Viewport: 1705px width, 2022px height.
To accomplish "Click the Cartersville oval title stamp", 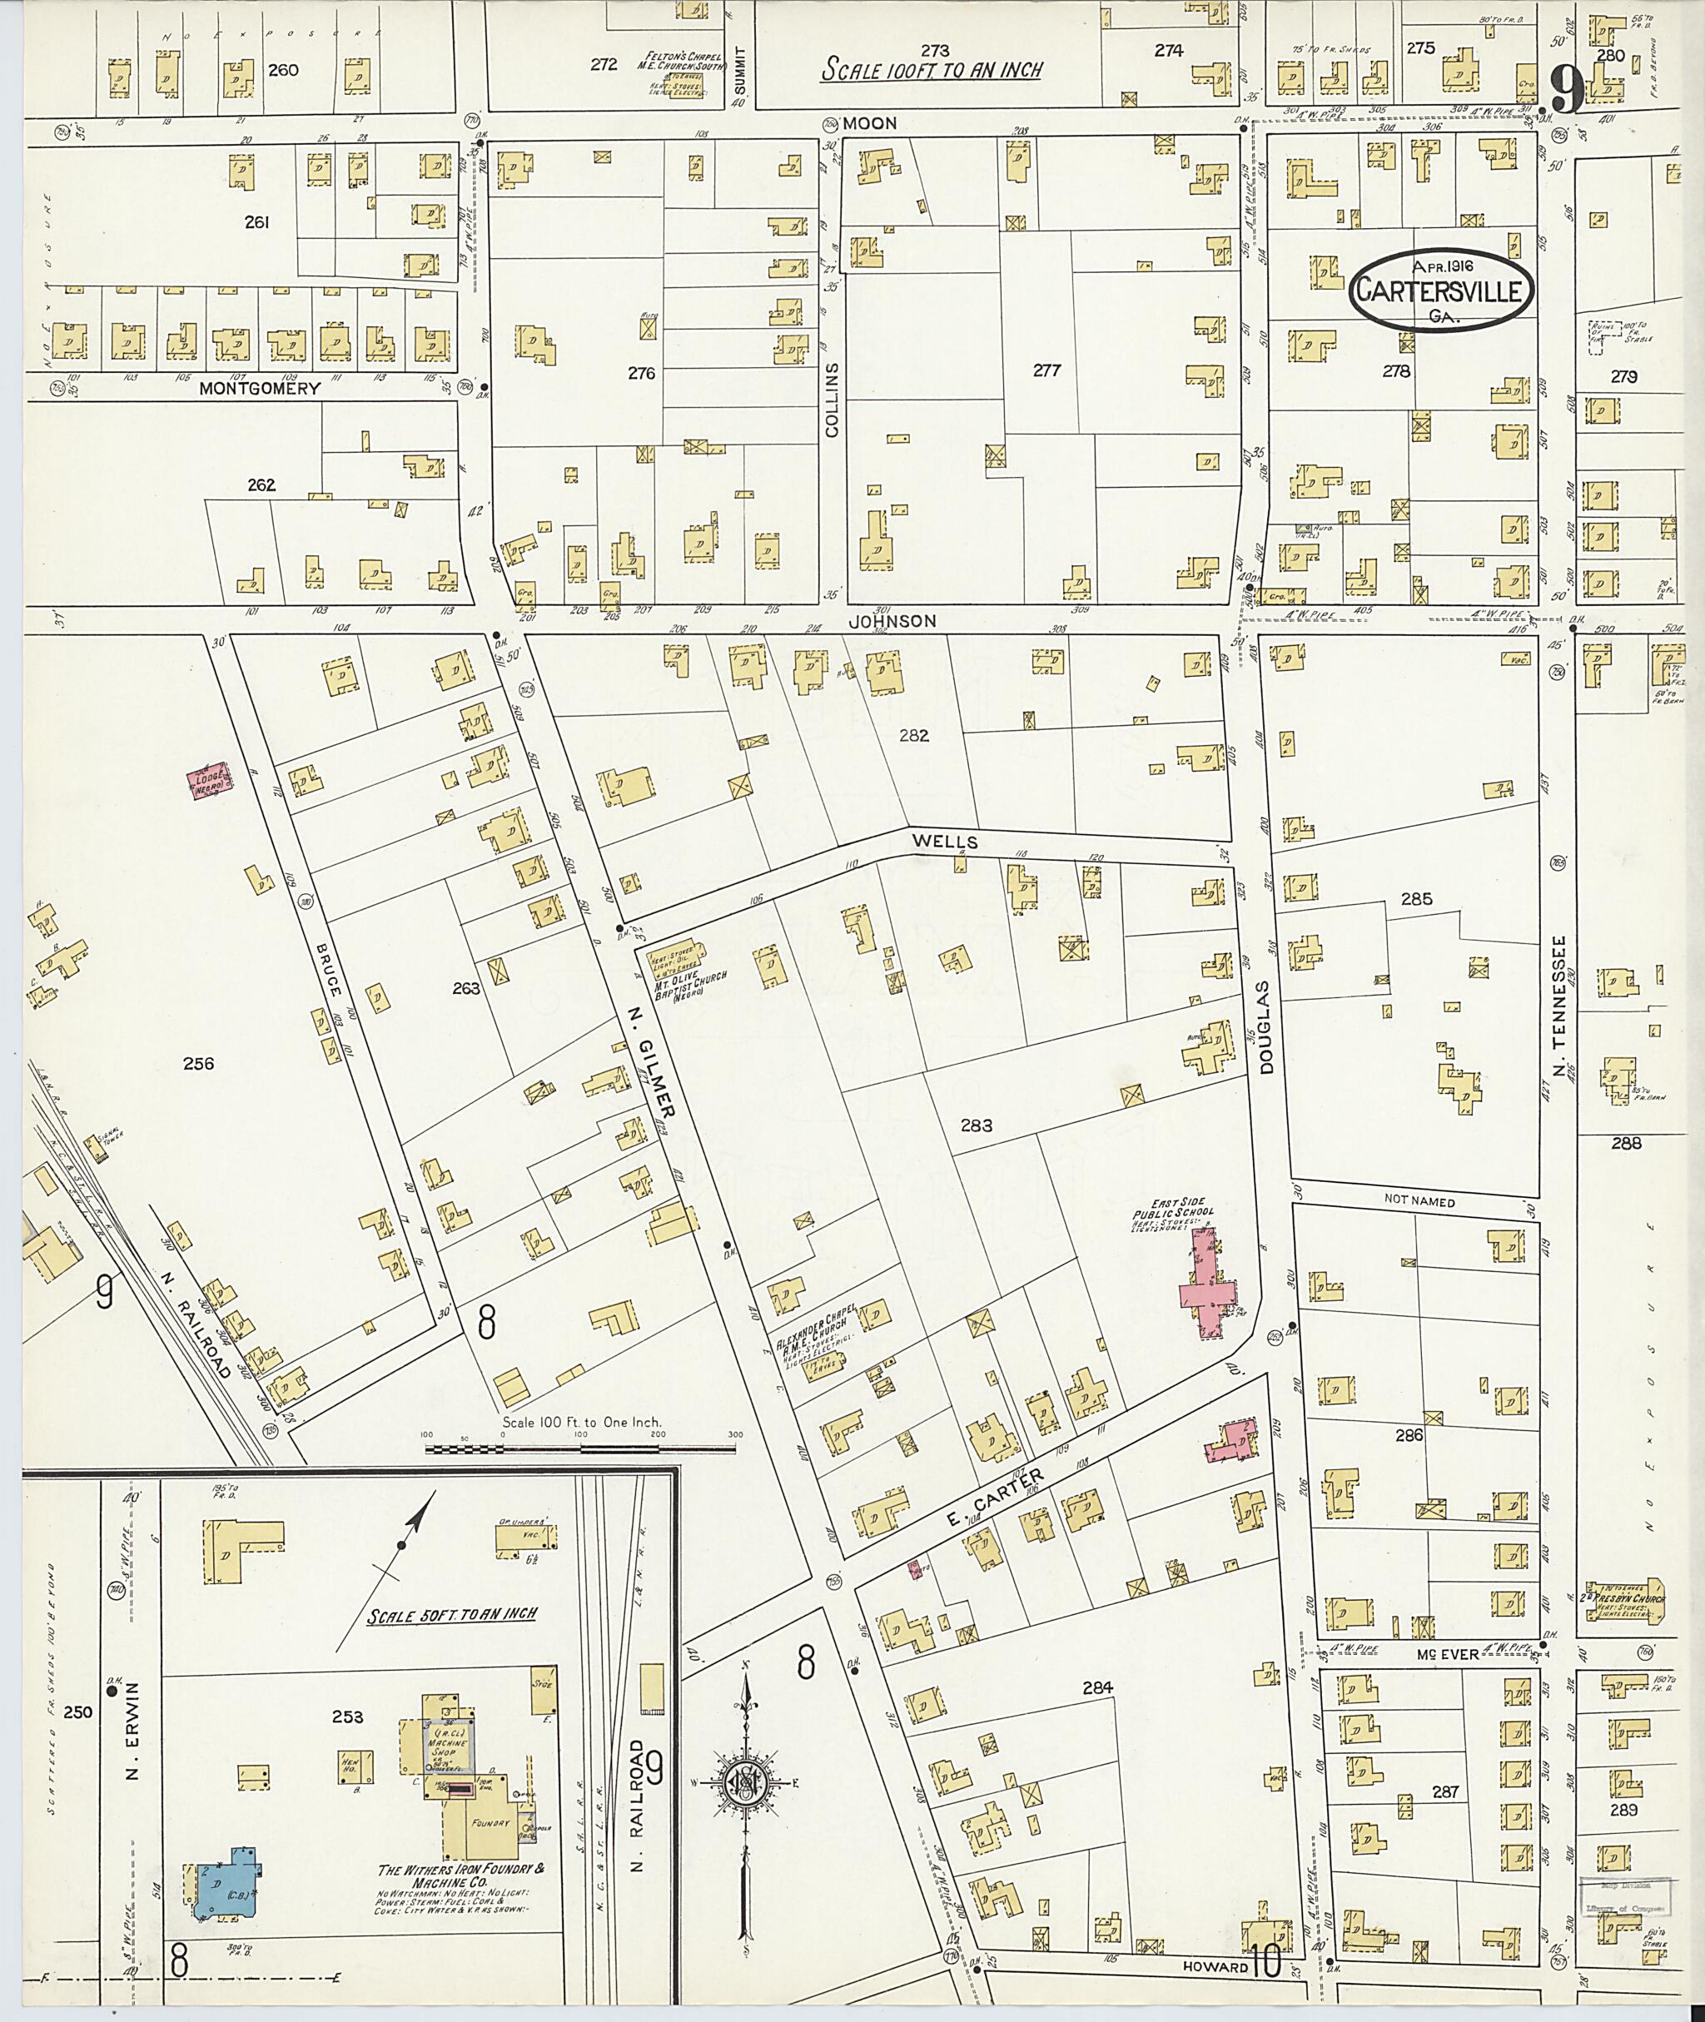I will pos(1441,290).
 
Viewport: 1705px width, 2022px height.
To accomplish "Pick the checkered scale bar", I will pos(580,1448).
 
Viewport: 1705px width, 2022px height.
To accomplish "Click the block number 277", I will pos(1046,370).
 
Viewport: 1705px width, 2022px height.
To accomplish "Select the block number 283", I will pos(977,1126).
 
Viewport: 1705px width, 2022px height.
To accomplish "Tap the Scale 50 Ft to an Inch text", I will pos(451,1614).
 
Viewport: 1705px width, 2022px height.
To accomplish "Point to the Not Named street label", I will pos(1419,1202).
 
